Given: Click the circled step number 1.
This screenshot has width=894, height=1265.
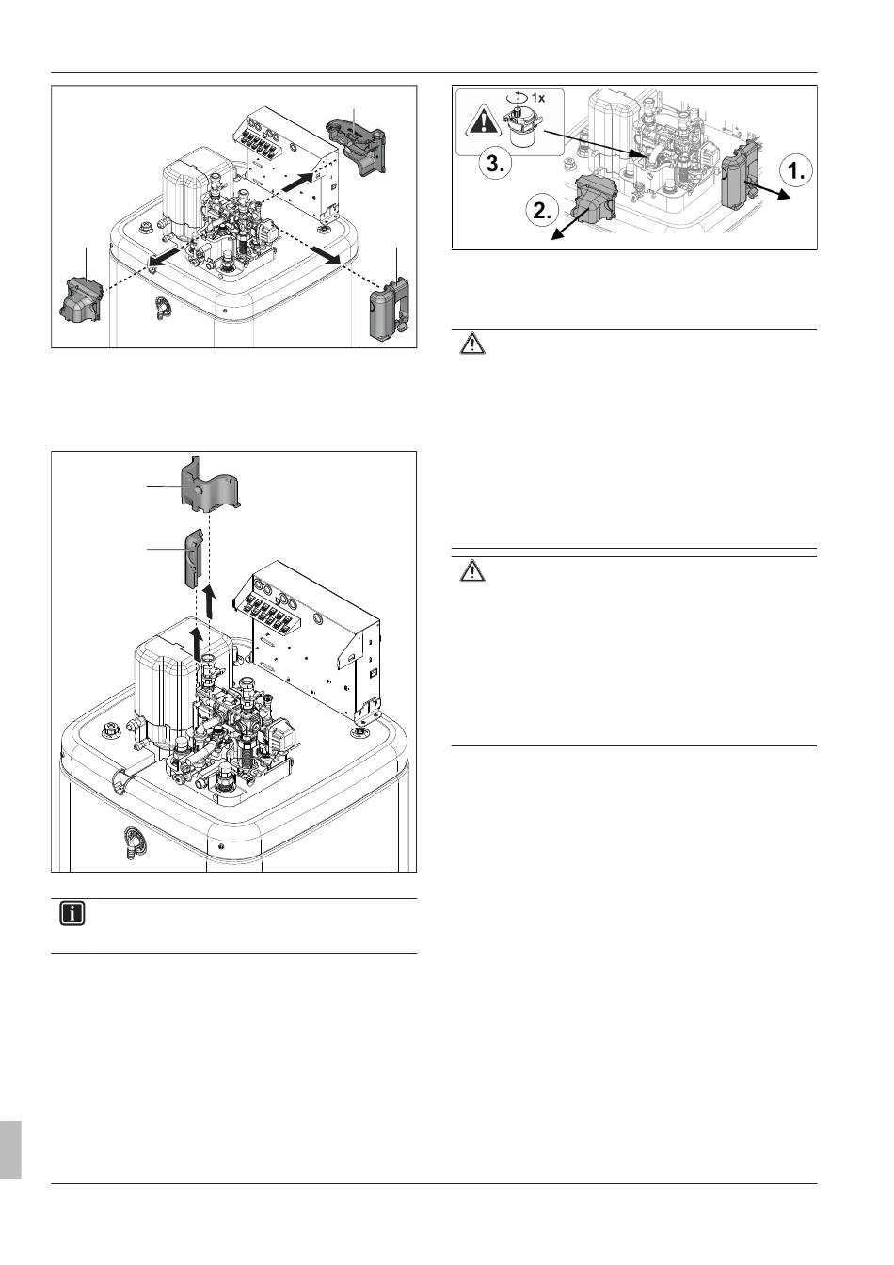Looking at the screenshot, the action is coord(796,171).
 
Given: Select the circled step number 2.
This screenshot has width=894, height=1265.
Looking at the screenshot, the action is coord(542,211).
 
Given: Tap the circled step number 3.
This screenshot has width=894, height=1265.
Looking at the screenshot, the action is coord(496,166).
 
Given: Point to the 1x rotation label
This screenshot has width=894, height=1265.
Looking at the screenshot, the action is coord(532,98).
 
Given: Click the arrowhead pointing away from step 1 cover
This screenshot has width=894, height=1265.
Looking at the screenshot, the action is coord(783,195).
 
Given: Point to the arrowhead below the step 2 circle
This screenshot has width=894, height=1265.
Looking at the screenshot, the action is coord(557,234).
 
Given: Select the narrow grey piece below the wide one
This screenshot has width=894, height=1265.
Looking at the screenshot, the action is coord(193,558).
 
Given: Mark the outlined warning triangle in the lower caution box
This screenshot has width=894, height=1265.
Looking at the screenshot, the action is coord(472,572).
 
